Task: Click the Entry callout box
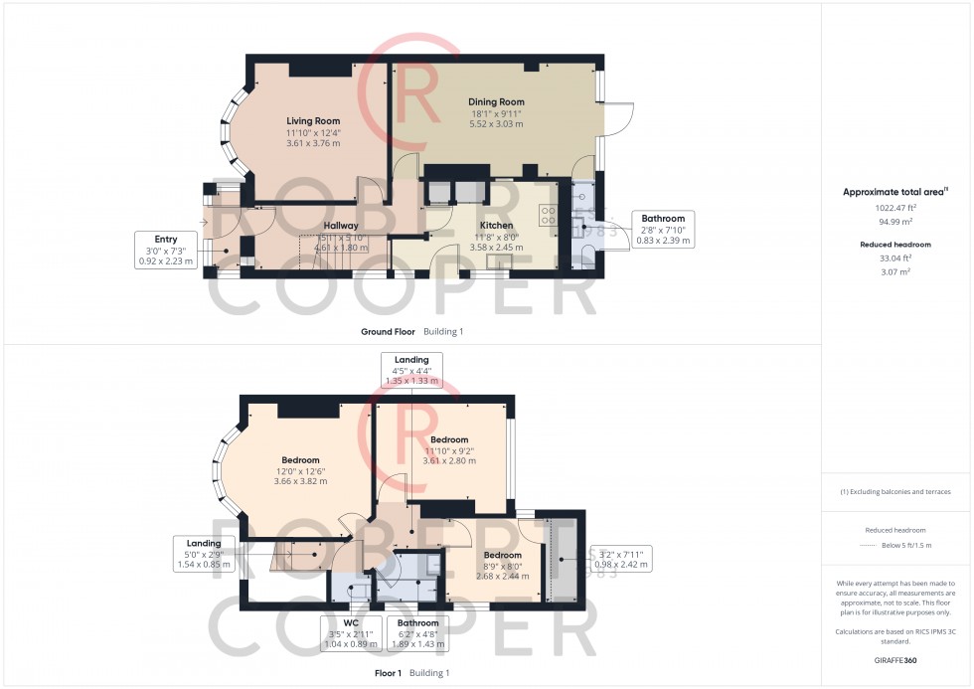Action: (x=166, y=250)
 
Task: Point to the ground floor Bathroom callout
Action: (x=663, y=229)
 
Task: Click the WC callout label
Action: (x=351, y=632)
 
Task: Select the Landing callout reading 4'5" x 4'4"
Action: (x=411, y=369)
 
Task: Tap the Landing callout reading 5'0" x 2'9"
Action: (x=204, y=553)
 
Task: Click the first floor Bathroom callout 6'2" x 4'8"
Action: (x=418, y=632)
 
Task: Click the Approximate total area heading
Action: (x=893, y=191)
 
